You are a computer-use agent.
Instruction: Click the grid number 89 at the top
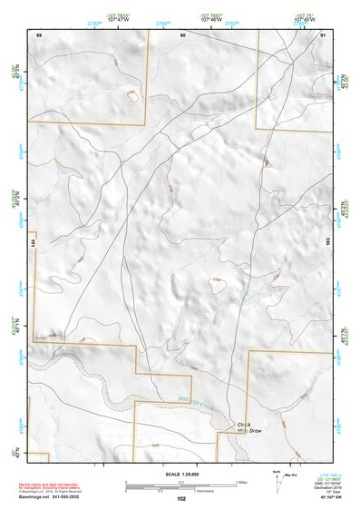pos(39,34)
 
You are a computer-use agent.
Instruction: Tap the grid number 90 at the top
pos(183,34)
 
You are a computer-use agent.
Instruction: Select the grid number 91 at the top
pos(323,34)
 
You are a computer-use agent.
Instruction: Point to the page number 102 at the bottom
pos(182,499)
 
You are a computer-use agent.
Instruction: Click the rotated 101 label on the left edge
pos(34,243)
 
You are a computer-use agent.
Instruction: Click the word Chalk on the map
pos(243,424)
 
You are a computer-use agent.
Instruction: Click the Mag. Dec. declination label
pos(292,475)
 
